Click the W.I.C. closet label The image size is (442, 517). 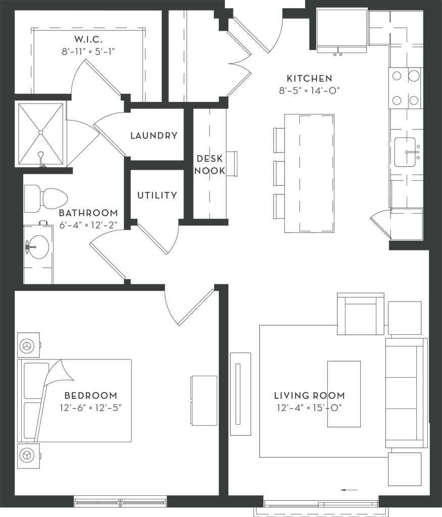88,39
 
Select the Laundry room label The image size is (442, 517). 154,135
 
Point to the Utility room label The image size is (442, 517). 157,195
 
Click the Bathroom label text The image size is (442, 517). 89,213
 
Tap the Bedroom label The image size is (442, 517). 91,394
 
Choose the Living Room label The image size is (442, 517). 309,395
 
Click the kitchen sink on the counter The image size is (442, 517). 406,151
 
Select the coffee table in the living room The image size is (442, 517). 343,394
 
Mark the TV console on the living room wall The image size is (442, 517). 241,394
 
